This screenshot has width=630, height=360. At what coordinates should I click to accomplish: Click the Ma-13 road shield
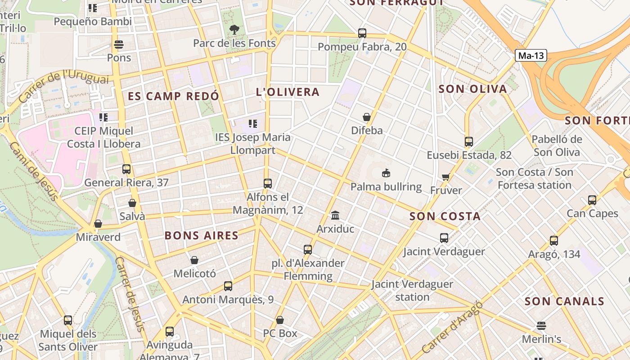531,56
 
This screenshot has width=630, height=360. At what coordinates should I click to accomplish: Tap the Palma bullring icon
386,173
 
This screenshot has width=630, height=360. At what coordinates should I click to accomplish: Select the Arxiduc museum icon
335,215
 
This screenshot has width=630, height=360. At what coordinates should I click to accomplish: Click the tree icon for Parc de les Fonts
234,30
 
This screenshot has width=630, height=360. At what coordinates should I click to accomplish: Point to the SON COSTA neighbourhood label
445,216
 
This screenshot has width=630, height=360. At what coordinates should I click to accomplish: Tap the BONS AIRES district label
201,235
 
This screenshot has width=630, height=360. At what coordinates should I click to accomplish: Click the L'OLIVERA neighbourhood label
288,92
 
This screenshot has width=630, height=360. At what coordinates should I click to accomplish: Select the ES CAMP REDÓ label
173,96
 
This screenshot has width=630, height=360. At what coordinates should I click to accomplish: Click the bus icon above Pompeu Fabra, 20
362,33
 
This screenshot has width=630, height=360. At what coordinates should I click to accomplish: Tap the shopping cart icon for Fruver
446,177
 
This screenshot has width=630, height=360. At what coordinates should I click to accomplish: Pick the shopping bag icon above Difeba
367,117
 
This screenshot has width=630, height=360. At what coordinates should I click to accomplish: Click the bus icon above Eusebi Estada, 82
469,142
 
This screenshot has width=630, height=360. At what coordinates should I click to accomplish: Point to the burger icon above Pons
119,45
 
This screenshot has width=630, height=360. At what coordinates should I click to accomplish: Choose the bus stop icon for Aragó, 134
554,241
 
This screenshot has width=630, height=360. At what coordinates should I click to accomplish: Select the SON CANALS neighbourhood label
564,301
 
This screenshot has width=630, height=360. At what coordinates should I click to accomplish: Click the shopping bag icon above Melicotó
194,260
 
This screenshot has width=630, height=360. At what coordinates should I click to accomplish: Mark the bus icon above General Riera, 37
126,169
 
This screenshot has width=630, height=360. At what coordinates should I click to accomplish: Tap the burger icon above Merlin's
541,326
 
